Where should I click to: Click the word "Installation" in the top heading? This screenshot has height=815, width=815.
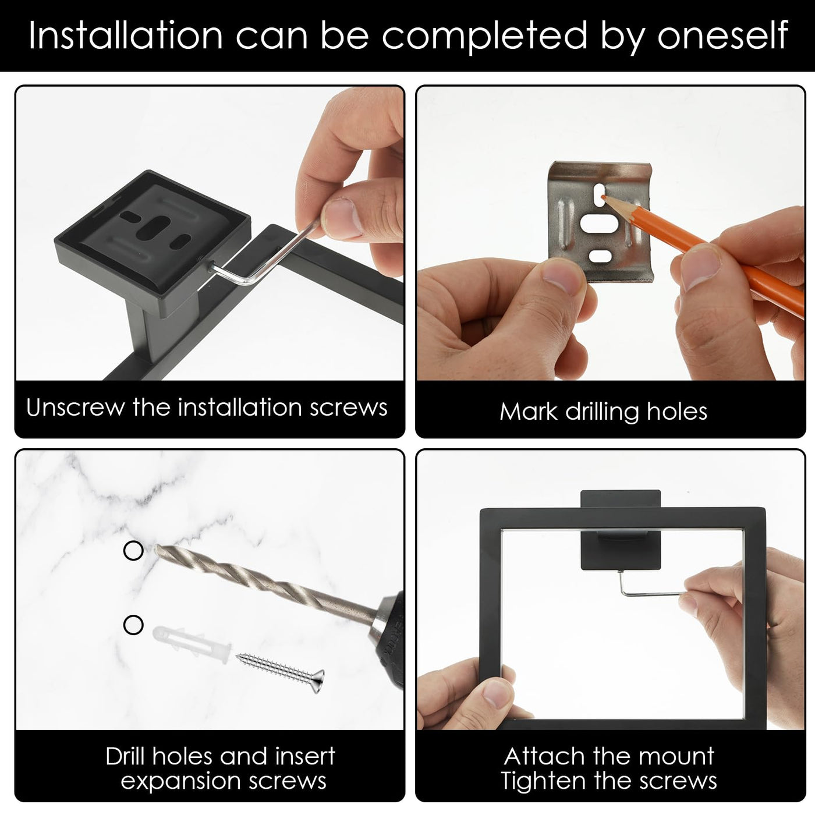click(x=126, y=36)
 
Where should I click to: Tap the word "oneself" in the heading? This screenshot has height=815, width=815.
click(x=722, y=36)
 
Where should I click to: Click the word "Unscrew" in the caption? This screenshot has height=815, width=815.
click(x=75, y=408)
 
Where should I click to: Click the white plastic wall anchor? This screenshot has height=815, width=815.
click(x=191, y=640)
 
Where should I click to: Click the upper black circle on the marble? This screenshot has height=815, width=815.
click(x=133, y=551)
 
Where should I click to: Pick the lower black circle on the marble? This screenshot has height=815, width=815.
click(x=133, y=625)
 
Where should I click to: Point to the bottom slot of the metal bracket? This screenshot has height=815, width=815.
click(x=600, y=256)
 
